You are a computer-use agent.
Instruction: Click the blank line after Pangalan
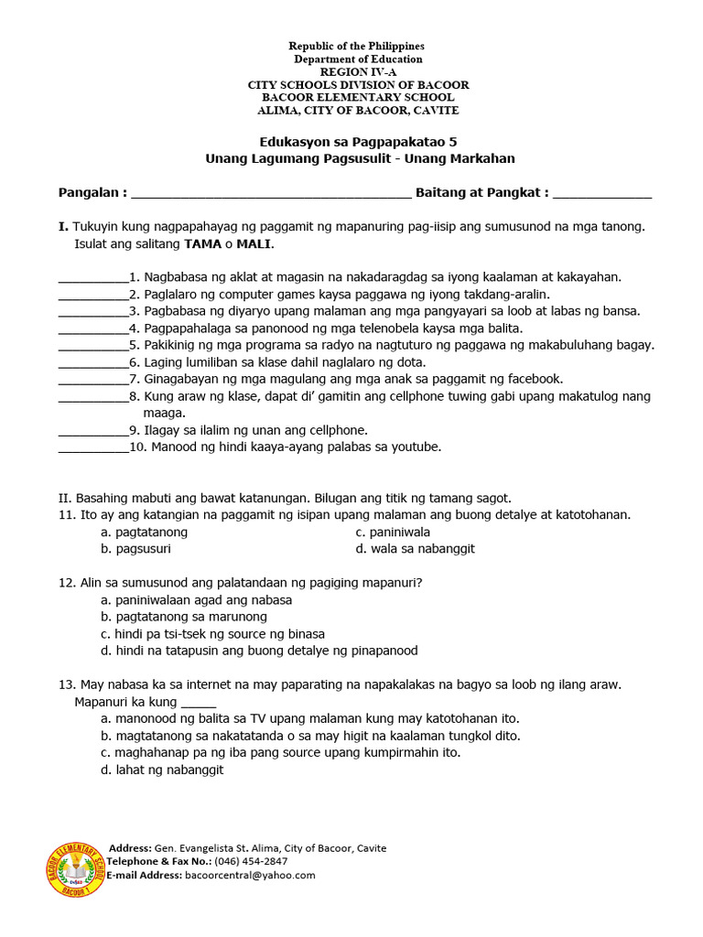point(272,195)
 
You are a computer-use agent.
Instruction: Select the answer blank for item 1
point(92,278)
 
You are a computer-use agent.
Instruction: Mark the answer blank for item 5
point(92,347)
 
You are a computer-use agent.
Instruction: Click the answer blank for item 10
point(92,449)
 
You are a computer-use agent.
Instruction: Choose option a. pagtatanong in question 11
point(145,532)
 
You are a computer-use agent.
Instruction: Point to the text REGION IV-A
point(358,71)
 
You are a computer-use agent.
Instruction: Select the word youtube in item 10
point(417,447)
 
